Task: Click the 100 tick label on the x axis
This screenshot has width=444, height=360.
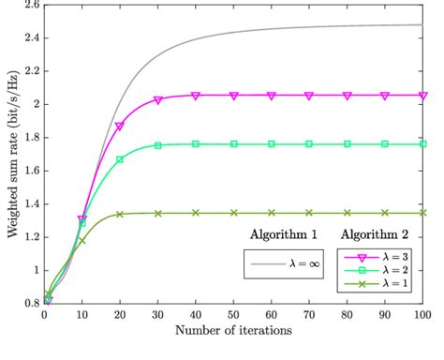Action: (x=423, y=314)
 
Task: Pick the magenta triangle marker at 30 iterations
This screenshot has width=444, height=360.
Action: (x=157, y=99)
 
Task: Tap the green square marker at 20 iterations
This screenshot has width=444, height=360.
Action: (x=120, y=159)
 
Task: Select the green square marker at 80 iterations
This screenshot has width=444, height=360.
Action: (x=348, y=144)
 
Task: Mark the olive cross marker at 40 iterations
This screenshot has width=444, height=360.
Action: (x=196, y=213)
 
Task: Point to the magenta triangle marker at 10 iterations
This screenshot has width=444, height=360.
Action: (x=81, y=219)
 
